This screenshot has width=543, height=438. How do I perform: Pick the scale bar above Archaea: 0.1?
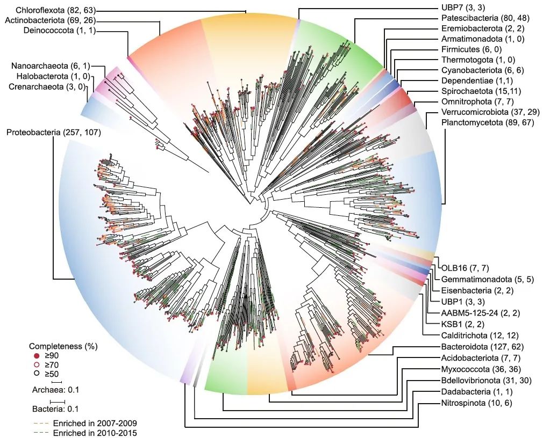coord(55,382)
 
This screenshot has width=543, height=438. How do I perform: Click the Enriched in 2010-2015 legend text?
coord(95,433)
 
